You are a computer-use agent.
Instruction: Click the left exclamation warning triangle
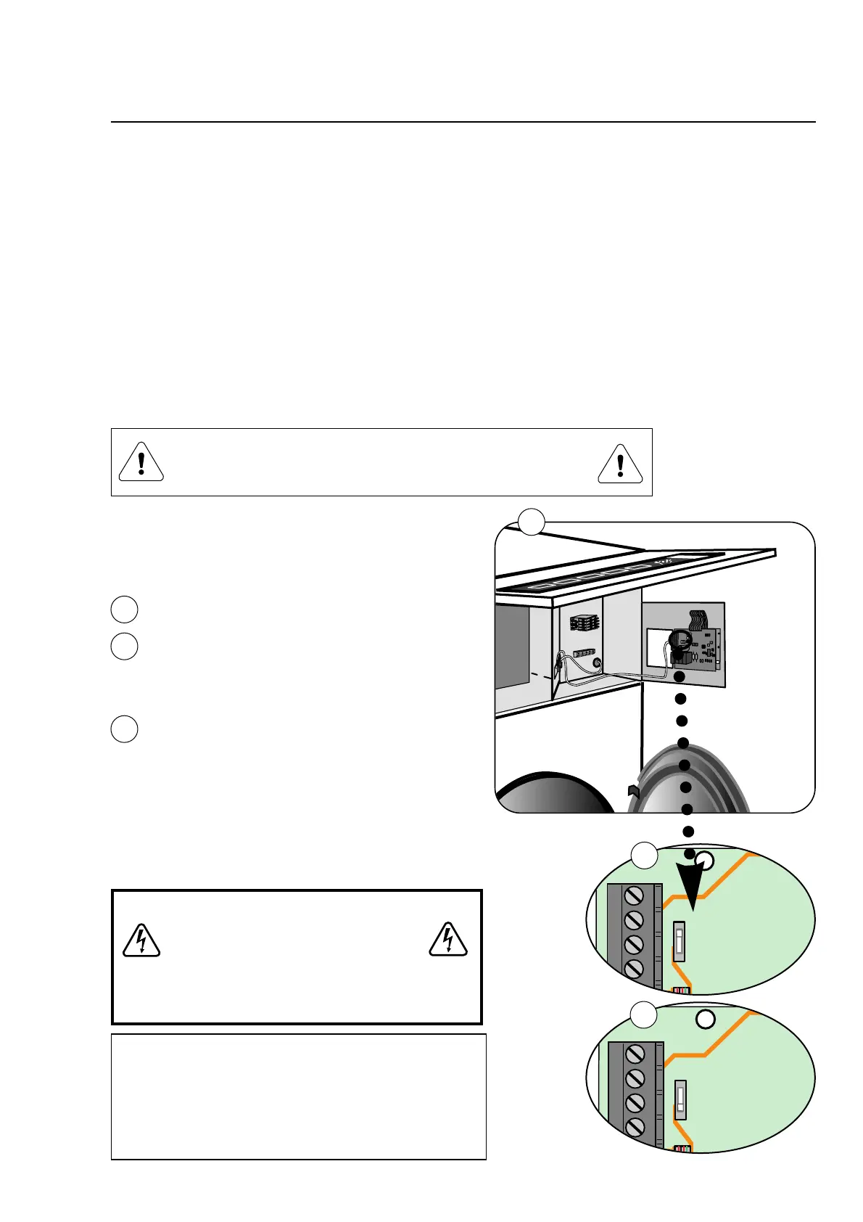(x=141, y=462)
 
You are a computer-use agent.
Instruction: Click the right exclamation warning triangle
(x=620, y=462)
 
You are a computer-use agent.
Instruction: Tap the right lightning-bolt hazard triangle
(x=448, y=940)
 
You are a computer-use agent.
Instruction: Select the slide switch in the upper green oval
(x=679, y=942)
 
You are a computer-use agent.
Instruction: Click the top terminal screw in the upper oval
(x=634, y=897)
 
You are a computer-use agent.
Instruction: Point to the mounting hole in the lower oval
(x=705, y=1020)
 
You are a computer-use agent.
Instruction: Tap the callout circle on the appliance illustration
(x=532, y=522)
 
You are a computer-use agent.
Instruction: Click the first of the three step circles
(x=125, y=609)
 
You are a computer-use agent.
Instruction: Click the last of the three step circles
(x=125, y=729)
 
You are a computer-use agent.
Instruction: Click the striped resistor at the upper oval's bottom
(x=681, y=990)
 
